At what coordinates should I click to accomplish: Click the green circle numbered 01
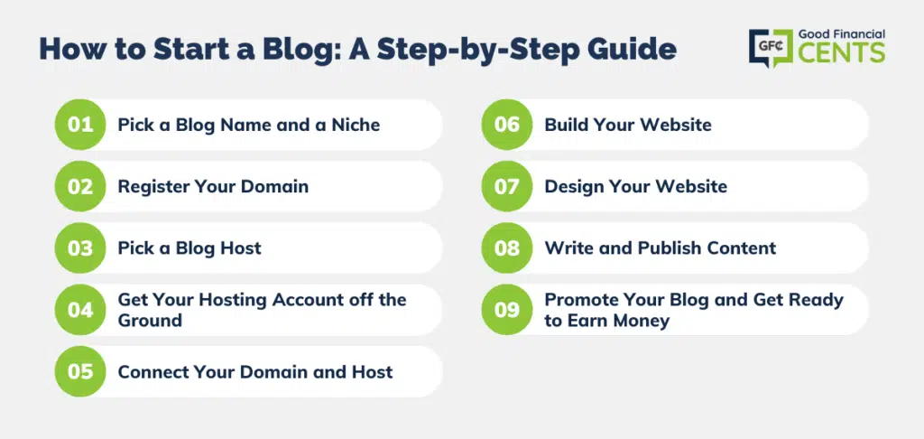[80, 125]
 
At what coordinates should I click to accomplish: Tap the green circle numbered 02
[80, 186]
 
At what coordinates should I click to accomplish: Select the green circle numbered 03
[80, 248]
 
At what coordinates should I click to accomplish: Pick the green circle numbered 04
[80, 310]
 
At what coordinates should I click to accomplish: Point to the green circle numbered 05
[80, 372]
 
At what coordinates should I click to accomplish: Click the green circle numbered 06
[507, 125]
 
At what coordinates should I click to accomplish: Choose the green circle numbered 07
[507, 186]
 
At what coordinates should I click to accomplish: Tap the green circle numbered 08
[507, 248]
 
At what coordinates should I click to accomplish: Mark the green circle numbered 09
[507, 310]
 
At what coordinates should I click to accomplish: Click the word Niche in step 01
[356, 125]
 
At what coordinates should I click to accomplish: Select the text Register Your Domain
[213, 186]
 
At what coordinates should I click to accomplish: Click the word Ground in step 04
[150, 321]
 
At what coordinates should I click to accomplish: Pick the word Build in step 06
[565, 125]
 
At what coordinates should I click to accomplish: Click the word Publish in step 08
[661, 248]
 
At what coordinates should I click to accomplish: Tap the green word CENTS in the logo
[842, 52]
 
